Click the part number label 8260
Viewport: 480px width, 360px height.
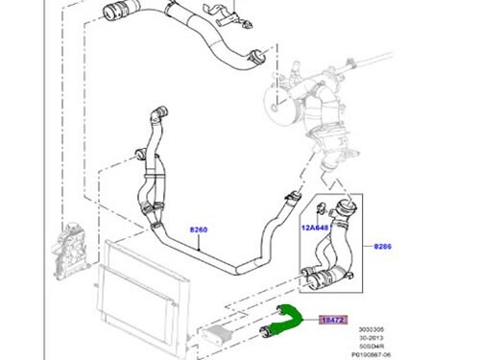tap(198, 230)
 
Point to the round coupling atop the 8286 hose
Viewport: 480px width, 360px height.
tap(343, 207)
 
